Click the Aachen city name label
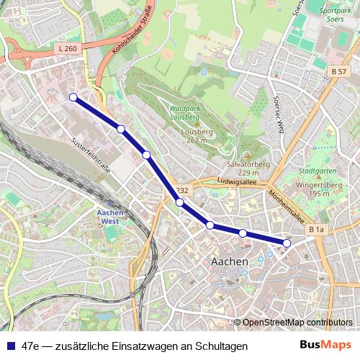[x=230, y=261]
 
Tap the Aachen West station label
[x=112, y=217]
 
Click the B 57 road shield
[x=339, y=71]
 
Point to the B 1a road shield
[x=316, y=229]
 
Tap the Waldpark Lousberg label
[x=188, y=113]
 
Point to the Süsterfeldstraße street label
[x=91, y=155]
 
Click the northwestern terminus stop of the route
[x=73, y=97]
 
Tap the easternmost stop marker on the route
[x=287, y=243]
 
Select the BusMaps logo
[x=326, y=346]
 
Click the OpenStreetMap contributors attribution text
[x=297, y=323]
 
